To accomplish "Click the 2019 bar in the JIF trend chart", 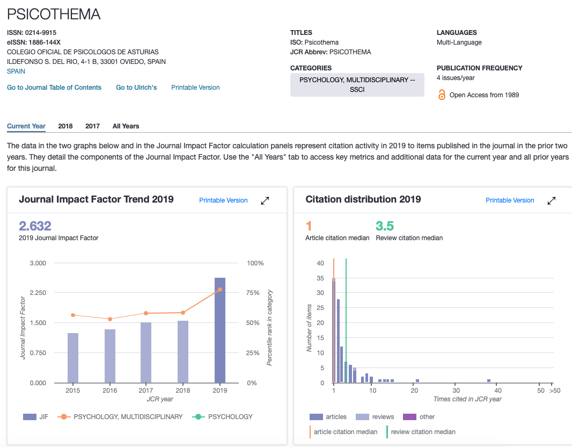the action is tap(219, 330).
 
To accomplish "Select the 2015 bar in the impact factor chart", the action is tap(73, 358).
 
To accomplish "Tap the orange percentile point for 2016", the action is tap(110, 319).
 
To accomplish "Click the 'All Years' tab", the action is tap(126, 126).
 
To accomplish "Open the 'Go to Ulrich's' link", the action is tap(136, 87).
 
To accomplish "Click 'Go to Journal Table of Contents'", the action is tap(54, 87).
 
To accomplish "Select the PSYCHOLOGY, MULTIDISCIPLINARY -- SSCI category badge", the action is tap(357, 85).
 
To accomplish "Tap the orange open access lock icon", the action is tap(442, 95).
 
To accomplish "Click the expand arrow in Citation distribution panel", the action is tap(551, 200).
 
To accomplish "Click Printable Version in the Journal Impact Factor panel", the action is tap(223, 200).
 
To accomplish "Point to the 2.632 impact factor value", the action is tap(35, 226).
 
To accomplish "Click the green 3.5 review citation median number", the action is tap(385, 226).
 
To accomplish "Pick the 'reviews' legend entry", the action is tap(375, 417).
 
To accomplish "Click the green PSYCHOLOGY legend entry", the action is tap(222, 417).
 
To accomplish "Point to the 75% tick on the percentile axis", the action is tap(253, 292).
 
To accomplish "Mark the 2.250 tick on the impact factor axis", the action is tap(38, 292).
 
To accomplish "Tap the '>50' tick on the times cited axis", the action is tap(554, 391).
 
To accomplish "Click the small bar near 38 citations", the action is tap(489, 381).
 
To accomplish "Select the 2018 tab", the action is tap(65, 126).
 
